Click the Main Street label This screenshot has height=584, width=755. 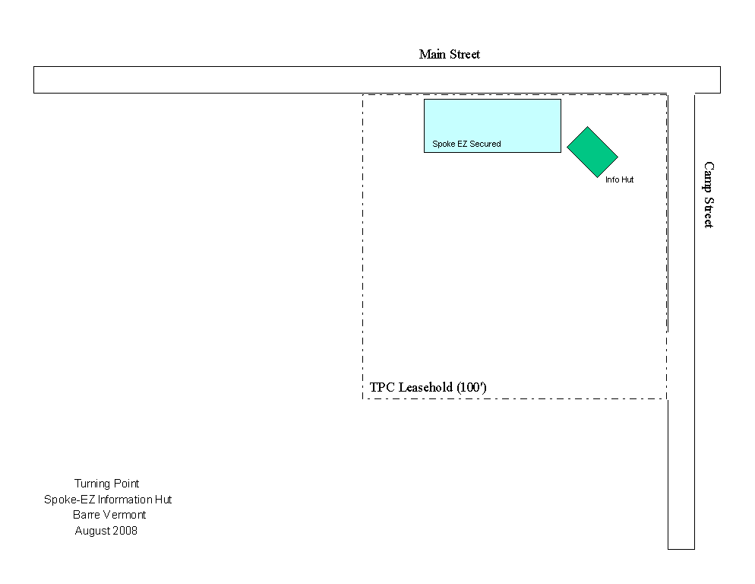coord(449,54)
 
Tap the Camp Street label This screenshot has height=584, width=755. coord(708,194)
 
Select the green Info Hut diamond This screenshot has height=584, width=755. coord(592,152)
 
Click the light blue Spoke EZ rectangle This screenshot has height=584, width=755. coord(492,122)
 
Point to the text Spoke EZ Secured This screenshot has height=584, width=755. coord(466,144)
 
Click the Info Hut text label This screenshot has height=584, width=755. coord(619,179)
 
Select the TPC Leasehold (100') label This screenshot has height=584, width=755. coord(428,387)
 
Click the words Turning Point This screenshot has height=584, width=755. coord(106,484)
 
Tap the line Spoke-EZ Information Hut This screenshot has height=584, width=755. coord(108,500)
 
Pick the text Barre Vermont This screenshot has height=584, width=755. coord(109,515)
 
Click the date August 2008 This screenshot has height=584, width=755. coord(106,531)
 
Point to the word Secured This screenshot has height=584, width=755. coord(485,144)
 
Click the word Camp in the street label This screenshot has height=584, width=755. coord(708,176)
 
